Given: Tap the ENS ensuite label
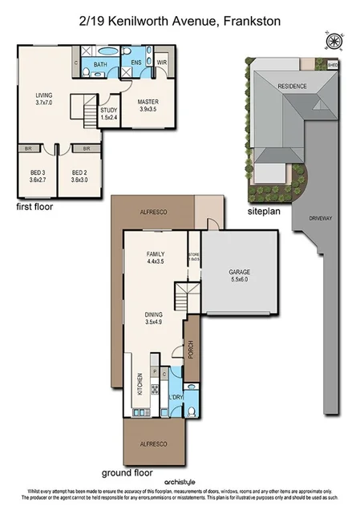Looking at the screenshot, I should [x=136, y=63].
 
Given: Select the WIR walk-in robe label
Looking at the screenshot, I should [x=161, y=63].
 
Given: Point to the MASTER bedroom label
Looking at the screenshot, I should [x=148, y=103].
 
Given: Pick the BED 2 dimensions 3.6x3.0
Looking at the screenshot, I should [x=79, y=180].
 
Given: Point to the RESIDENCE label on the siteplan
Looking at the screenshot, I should [x=293, y=87].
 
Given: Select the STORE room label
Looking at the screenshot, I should [x=193, y=256].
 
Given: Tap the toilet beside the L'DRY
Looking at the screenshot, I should [x=193, y=410].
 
